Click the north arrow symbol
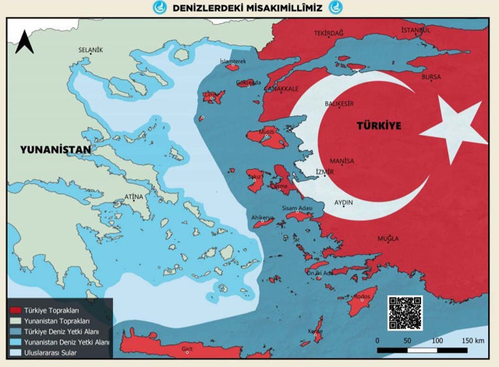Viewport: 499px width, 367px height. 24,41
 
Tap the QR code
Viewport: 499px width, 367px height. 404,313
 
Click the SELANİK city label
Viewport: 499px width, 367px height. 90,50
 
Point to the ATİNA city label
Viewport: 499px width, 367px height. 133,196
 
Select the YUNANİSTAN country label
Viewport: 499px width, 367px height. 56,149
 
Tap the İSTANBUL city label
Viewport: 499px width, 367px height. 416,30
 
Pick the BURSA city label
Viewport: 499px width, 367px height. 430,77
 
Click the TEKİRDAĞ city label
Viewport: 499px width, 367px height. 328,34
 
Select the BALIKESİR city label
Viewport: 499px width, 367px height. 338,103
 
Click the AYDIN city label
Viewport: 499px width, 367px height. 344,202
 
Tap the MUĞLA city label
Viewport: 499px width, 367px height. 388,238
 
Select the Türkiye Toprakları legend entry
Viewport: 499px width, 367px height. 53,310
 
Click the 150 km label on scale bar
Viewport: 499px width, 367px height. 472,341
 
